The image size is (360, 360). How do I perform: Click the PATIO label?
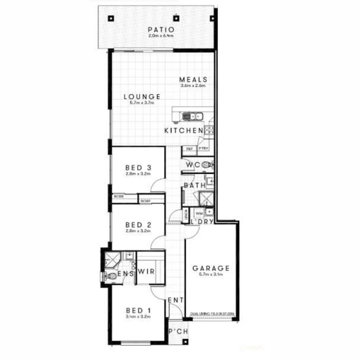pyautogui.click(x=161, y=30)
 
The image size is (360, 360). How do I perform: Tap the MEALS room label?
pyautogui.click(x=193, y=80)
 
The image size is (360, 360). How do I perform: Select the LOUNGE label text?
pyautogui.click(x=142, y=97)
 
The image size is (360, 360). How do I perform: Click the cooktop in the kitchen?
pyautogui.click(x=209, y=130)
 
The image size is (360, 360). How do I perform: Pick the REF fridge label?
pyautogui.click(x=189, y=149)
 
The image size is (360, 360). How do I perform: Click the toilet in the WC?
pyautogui.click(x=207, y=164)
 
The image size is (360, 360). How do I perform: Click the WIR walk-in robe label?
pyautogui.click(x=146, y=271)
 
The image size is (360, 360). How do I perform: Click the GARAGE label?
pyautogui.click(x=211, y=268)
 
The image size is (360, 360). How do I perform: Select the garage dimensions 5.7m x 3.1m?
pyautogui.click(x=211, y=275)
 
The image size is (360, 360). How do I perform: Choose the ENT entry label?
pyautogui.click(x=175, y=300)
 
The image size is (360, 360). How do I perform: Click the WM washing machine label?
pyautogui.click(x=199, y=213)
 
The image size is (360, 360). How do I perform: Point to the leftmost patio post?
pyautogui.click(x=111, y=19)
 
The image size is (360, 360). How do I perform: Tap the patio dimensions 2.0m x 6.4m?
pyautogui.click(x=161, y=35)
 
